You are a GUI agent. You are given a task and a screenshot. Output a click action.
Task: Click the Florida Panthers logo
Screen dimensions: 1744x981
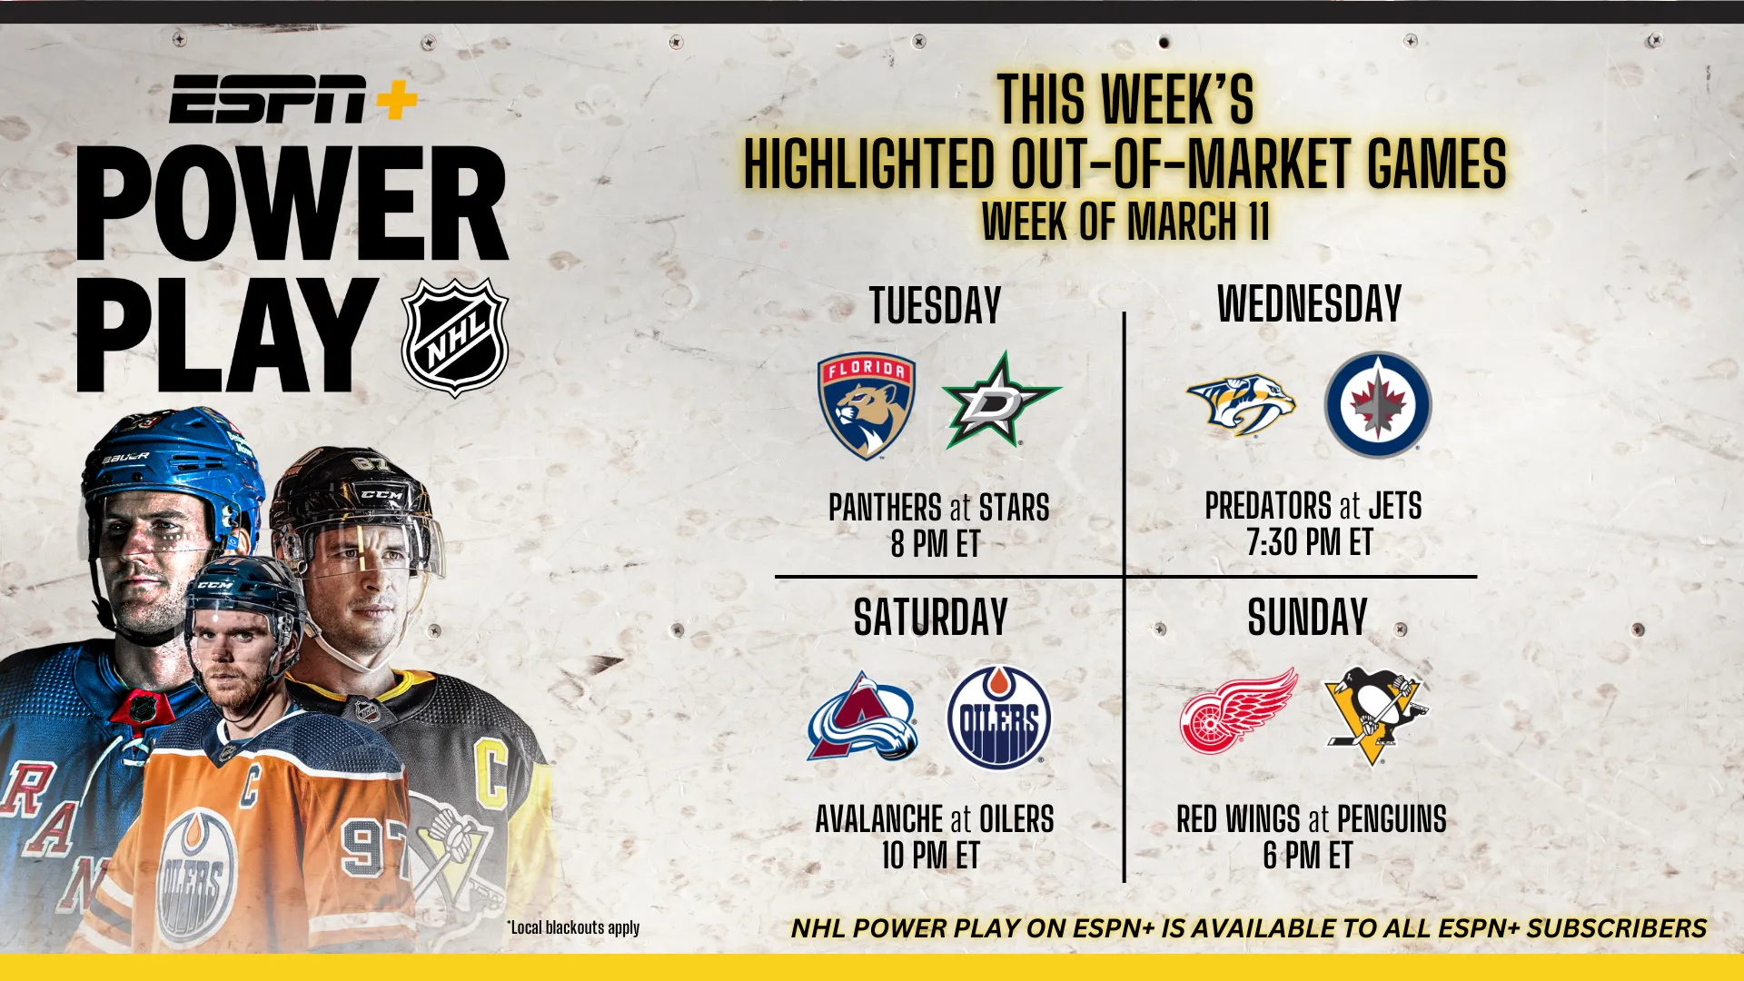[x=867, y=405]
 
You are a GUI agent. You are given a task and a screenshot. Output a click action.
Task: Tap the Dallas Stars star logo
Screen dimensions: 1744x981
[x=1001, y=401]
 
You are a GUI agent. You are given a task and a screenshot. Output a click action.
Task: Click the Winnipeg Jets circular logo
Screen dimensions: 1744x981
[x=1378, y=404]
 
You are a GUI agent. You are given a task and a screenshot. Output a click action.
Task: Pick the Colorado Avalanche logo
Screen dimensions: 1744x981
[x=863, y=716]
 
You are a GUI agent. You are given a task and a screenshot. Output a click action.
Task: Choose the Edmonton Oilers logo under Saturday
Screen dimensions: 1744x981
[x=999, y=718]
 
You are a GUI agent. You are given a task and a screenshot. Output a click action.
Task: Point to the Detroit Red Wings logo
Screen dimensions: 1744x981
[x=1239, y=711]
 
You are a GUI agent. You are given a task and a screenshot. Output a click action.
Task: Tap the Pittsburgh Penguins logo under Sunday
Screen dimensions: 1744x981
[x=1376, y=716]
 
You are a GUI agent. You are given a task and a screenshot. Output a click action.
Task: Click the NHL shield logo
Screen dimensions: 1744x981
[x=455, y=338]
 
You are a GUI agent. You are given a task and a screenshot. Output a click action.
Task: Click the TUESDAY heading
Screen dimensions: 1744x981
[x=936, y=305]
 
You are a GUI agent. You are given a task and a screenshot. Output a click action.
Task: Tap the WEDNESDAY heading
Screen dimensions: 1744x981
[x=1309, y=303]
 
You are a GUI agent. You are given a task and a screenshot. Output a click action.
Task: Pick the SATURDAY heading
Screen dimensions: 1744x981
[x=931, y=618]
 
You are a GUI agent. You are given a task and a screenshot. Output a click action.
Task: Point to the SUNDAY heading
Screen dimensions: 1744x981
[x=1307, y=618]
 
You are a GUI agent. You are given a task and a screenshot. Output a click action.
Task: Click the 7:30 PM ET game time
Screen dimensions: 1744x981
[x=1309, y=542]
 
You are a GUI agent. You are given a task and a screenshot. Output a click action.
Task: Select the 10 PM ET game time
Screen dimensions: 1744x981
[x=931, y=856]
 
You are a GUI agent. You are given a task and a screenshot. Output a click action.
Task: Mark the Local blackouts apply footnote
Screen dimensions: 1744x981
[x=573, y=927]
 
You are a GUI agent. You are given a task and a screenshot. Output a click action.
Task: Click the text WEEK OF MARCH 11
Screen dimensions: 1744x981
[x=1125, y=221]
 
